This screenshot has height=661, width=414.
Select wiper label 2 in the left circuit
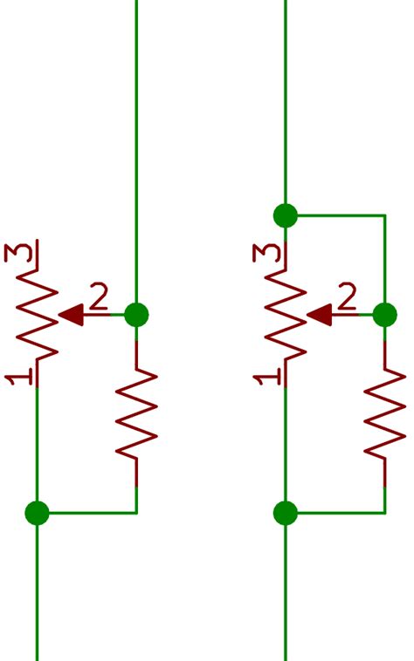[99, 298]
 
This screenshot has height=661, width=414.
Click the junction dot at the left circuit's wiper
[136, 315]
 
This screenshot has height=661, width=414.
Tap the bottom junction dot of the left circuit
[37, 513]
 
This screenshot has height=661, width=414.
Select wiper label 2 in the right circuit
[347, 298]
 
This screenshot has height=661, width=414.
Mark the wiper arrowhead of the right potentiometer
[319, 315]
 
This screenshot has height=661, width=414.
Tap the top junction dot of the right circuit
[285, 215]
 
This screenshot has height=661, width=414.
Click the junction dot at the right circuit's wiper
[384, 315]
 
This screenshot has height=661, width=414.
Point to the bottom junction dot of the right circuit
[285, 513]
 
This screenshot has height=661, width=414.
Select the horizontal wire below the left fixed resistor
[87, 513]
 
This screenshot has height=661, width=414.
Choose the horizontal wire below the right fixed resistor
[336, 513]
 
